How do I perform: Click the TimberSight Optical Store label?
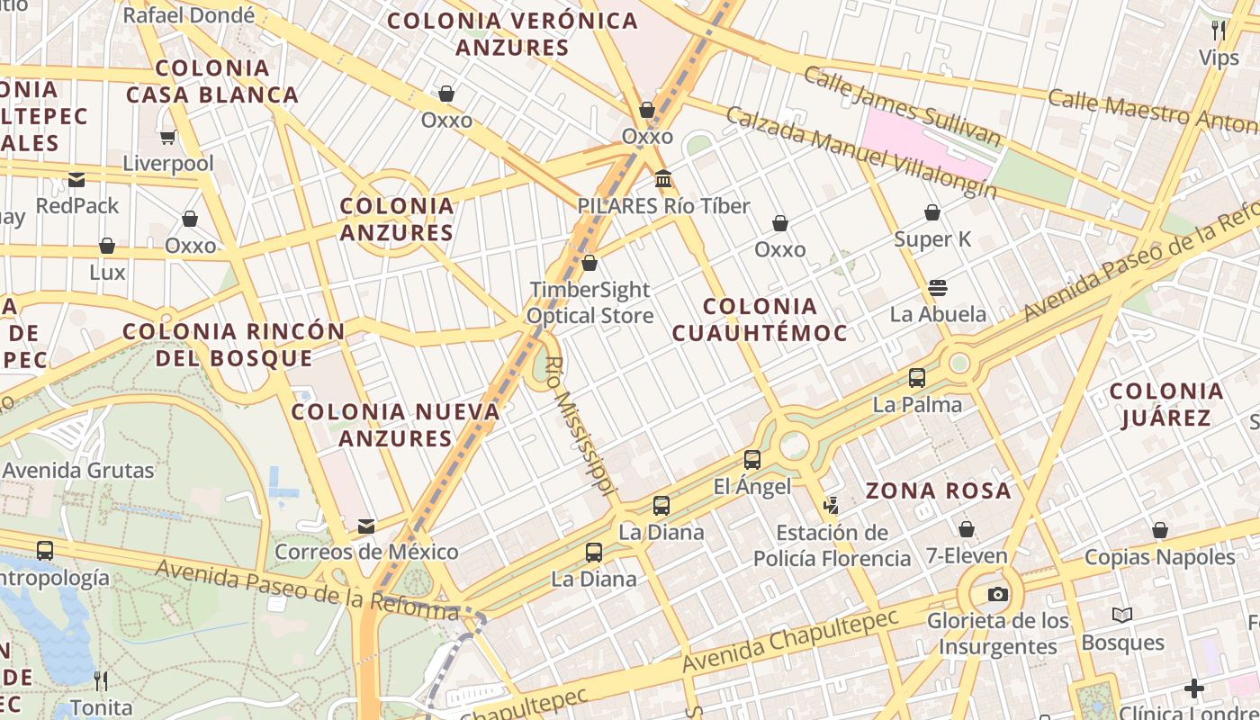click(589, 302)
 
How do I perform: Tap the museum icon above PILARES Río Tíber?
click(664, 179)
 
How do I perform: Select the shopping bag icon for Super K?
click(932, 213)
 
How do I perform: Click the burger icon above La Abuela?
click(938, 288)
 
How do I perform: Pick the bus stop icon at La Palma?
click(917, 378)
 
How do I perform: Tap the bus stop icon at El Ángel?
click(752, 460)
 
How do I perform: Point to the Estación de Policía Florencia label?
click(832, 545)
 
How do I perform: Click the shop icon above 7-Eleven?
click(967, 529)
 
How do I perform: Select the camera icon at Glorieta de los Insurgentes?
click(997, 594)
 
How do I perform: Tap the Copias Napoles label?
click(1159, 557)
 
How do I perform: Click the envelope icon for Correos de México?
click(366, 526)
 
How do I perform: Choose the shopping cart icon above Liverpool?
click(167, 138)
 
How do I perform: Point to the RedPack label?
click(77, 206)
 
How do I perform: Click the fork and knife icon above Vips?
click(1219, 31)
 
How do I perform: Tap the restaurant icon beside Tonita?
click(101, 681)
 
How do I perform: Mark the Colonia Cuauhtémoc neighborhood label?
click(760, 319)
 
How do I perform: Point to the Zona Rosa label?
click(939, 491)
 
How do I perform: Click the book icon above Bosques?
click(1121, 616)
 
